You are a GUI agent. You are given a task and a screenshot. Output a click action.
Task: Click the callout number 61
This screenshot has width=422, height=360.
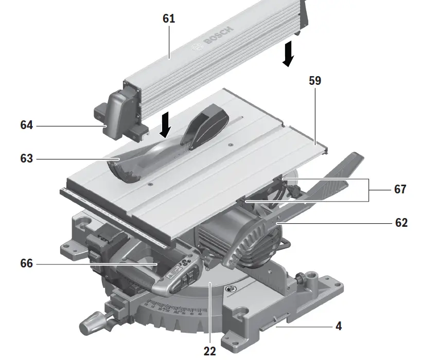point(169,19)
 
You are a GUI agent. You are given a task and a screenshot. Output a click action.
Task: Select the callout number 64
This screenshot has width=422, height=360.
point(27,124)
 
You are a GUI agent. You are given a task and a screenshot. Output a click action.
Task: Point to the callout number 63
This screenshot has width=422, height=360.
point(27,159)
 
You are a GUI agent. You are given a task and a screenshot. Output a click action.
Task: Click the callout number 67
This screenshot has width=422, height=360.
point(400,189)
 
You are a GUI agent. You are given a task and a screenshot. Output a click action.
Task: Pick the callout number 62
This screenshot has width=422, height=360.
point(400,223)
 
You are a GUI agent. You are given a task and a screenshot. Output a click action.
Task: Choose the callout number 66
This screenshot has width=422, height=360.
point(27,263)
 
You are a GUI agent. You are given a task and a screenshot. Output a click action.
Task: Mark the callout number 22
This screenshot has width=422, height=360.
point(209,352)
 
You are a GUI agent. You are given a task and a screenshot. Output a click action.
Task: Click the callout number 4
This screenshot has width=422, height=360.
point(338,326)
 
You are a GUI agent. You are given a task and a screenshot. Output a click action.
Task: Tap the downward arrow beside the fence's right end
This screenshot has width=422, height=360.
point(288,55)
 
